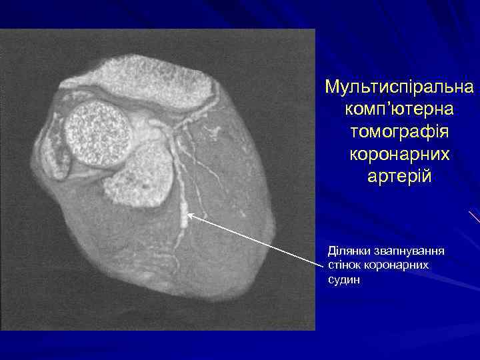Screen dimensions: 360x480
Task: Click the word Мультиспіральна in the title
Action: [x=399, y=87]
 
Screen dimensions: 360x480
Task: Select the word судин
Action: [x=345, y=280]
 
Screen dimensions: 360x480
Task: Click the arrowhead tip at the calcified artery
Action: [x=189, y=214]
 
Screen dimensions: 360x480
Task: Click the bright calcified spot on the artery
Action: [x=183, y=215]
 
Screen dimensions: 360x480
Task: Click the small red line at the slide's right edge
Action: [x=474, y=216]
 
